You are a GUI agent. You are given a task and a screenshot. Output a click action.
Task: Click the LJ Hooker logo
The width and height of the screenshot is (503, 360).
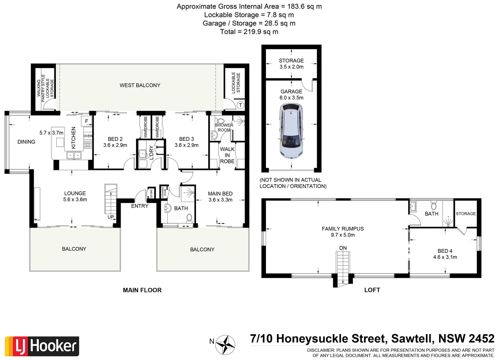click(42, 346)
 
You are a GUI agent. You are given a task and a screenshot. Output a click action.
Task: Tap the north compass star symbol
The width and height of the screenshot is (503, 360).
click(225, 344)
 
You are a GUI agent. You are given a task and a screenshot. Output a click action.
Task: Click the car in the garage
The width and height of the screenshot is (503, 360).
click(291, 131)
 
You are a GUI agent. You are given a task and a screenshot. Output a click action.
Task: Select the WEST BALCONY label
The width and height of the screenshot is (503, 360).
click(140, 85)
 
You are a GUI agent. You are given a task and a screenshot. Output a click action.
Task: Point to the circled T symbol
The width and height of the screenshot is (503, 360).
click(240, 105)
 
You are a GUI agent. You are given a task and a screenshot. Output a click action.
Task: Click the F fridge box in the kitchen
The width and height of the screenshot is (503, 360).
click(87, 121)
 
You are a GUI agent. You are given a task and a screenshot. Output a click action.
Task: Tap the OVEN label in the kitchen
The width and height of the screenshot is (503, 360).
click(88, 136)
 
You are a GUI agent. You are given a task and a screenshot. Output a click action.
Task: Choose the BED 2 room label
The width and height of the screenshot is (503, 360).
click(115, 139)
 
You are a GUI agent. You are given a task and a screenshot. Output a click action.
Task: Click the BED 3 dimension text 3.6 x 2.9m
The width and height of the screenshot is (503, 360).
click(186, 145)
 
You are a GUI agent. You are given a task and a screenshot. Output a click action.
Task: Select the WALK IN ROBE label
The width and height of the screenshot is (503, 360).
click(227, 155)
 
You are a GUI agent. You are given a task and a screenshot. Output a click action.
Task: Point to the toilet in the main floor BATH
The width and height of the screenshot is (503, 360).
click(189, 218)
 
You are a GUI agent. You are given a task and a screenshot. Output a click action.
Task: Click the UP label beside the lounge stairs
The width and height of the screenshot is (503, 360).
click(111, 217)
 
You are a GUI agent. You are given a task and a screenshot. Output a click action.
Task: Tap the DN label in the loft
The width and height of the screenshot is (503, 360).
click(343, 248)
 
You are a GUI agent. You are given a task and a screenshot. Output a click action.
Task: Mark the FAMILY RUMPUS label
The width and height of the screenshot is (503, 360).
click(343, 229)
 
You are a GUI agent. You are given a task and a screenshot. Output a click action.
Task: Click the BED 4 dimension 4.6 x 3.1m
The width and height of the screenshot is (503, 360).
click(445, 257)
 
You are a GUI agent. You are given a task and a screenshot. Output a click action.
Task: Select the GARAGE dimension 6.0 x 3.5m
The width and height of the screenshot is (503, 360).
click(291, 98)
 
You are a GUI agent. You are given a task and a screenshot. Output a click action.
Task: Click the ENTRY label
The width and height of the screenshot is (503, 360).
click(140, 206)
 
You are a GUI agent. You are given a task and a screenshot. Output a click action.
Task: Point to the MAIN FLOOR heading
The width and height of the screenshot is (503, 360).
click(142, 290)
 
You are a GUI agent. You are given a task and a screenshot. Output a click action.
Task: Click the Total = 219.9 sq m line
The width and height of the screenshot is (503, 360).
click(249, 32)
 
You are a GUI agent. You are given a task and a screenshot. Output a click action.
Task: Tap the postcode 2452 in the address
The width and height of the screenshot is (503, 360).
click(481, 339)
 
